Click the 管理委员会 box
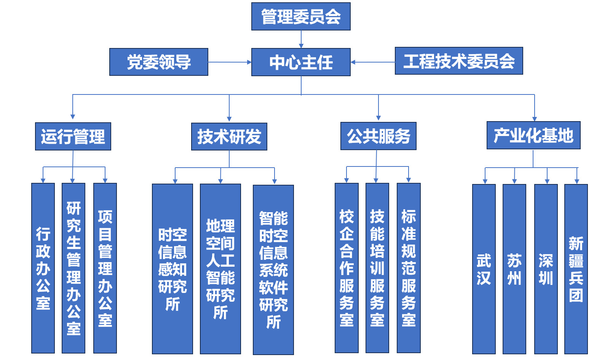tap(301, 16)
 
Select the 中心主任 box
tap(301, 62)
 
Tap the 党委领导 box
tap(159, 62)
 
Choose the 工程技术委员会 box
tap(459, 61)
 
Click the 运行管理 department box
tap(73, 136)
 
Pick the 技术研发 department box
tap(229, 136)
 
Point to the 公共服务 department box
tap(378, 136)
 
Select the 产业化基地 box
tap(533, 135)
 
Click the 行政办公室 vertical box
tap(43, 268)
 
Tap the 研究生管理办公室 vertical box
tap(73, 268)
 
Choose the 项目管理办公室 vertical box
tap(105, 268)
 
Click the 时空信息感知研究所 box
tap(172, 269)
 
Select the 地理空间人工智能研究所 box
tap(220, 269)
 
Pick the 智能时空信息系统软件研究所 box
tap(273, 270)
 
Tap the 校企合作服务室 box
tap(346, 268)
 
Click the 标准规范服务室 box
tap(409, 268)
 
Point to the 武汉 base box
tap(484, 269)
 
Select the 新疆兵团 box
tap(576, 269)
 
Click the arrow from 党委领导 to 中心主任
tap(230, 62)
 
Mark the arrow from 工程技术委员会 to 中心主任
tap(373, 62)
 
